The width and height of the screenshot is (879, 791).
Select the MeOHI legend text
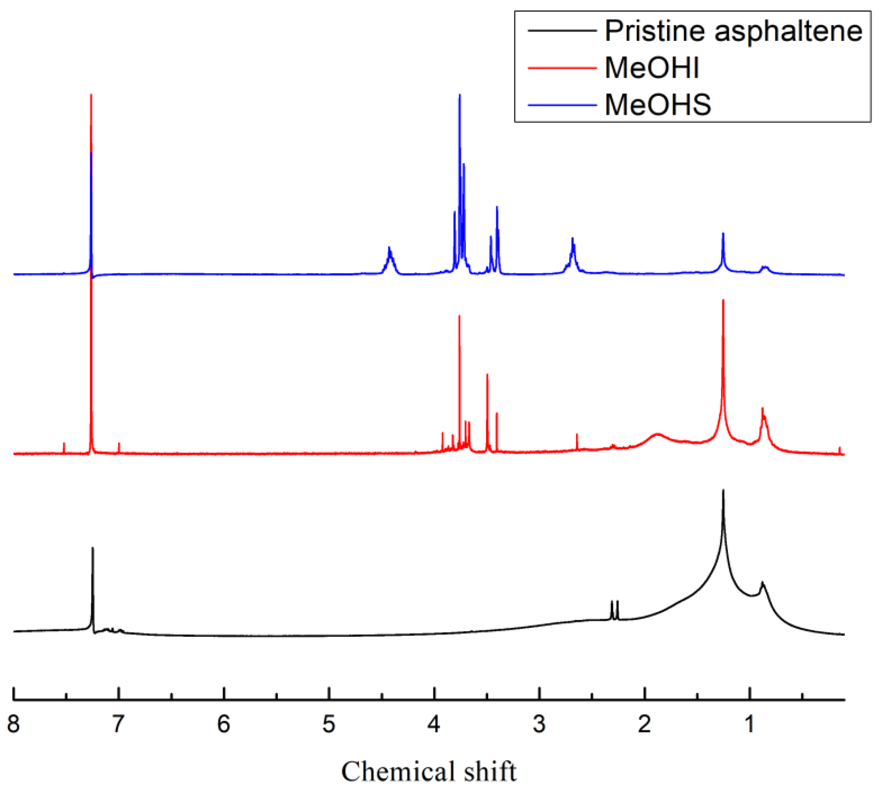click(x=651, y=68)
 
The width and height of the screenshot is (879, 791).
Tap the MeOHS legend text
click(x=657, y=105)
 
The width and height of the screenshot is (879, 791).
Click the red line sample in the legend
click(x=562, y=68)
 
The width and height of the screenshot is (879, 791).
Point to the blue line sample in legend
click(x=562, y=105)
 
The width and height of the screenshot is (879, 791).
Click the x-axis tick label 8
click(x=14, y=724)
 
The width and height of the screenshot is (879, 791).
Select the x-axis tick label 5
click(x=329, y=724)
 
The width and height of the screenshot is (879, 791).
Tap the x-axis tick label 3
click(x=539, y=724)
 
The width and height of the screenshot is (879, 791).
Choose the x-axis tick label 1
click(x=749, y=724)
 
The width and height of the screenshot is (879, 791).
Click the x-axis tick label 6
click(x=223, y=724)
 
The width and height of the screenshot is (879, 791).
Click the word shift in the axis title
click(x=490, y=772)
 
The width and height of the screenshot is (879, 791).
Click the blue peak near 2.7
click(x=572, y=239)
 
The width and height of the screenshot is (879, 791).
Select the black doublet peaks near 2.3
click(x=614, y=602)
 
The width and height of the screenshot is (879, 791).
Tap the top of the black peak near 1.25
click(x=723, y=491)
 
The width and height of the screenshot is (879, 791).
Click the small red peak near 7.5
click(x=64, y=444)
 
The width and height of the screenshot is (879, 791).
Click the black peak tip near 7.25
click(x=93, y=548)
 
